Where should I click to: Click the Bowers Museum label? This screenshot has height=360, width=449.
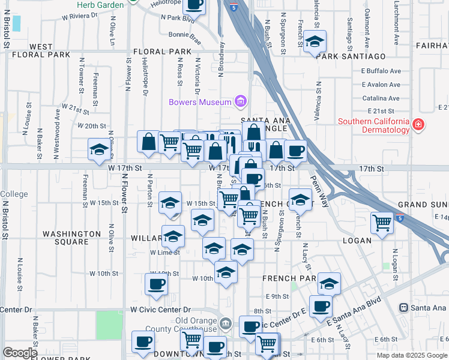pyautogui.click(x=200, y=102)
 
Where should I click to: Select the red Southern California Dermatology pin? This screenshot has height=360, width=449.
pyautogui.click(x=418, y=125)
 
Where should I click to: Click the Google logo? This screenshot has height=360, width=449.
pyautogui.click(x=20, y=352)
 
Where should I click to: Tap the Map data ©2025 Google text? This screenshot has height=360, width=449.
pyautogui.click(x=411, y=355)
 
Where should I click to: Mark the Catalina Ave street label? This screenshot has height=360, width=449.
pyautogui.click(x=381, y=98)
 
